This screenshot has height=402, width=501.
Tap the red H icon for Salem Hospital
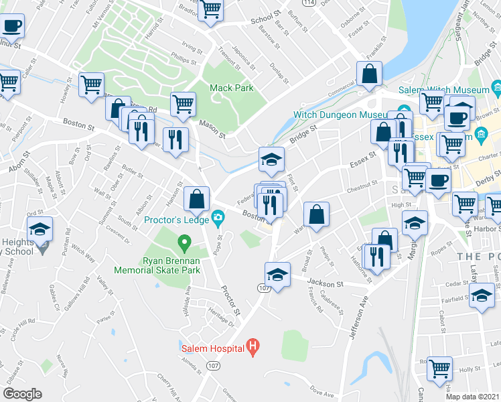(x=253, y=347)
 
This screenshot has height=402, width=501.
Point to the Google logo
(x=22, y=394)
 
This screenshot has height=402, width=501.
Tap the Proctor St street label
(x=230, y=299)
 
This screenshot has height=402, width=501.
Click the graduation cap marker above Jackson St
(x=277, y=274)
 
